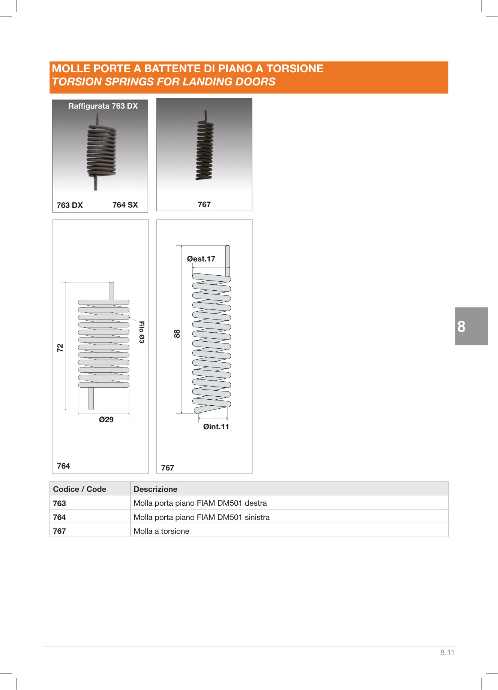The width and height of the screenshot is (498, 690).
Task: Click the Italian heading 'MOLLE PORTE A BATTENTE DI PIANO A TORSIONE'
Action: [187, 69]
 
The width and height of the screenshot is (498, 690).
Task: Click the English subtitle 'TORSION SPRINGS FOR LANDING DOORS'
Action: [163, 82]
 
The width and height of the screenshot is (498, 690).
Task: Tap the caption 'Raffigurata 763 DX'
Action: [103, 106]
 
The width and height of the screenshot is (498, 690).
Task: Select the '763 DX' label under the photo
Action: [70, 205]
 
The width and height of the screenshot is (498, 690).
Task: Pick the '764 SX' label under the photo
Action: [125, 205]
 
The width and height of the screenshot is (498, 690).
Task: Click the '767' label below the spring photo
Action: [204, 205]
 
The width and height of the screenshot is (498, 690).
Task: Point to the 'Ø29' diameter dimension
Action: [106, 420]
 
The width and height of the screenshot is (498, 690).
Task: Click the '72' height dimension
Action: [60, 348]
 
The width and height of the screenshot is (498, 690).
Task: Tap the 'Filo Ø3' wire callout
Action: [141, 332]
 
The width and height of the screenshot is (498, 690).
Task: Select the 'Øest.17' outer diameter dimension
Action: [201, 259]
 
